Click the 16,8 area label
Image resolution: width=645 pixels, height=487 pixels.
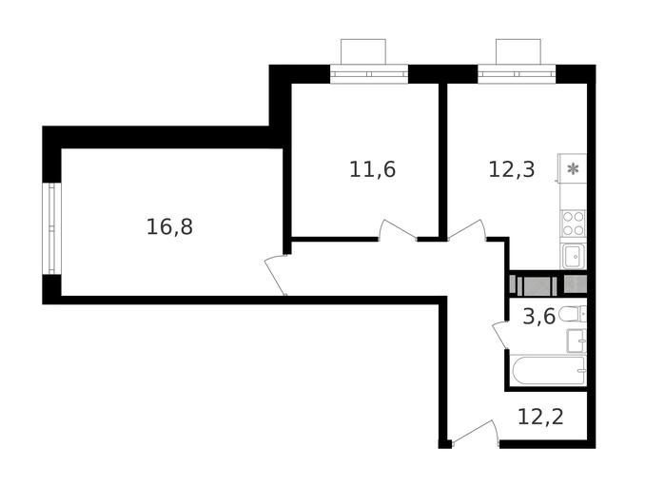coord(169,227)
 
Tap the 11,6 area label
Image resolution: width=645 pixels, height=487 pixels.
coord(372,169)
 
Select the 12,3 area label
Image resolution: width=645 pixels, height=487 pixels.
coord(512,169)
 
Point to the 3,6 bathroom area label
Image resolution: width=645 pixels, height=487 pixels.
coord(538,317)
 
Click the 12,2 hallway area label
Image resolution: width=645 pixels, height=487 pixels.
coord(540,417)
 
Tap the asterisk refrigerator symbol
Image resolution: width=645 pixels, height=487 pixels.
coord(572,168)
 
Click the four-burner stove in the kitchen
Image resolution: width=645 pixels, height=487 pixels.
coord(573,224)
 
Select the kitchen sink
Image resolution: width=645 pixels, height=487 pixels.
coord(573,256)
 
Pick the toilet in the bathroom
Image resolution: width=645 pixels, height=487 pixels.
coord(573,314)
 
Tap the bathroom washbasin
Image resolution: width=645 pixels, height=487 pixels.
coord(577,341)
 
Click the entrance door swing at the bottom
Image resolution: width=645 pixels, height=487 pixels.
coord(475,432)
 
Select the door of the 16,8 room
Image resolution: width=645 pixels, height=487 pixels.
coord(275,275)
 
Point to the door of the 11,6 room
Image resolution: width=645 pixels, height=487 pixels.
coord(397,229)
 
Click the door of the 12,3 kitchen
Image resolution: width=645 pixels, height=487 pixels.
coord(467,229)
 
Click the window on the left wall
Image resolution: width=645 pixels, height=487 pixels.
coord(51,228)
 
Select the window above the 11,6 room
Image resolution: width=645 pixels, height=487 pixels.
coord(369,74)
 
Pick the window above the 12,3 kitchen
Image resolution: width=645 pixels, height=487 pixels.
coord(517,74)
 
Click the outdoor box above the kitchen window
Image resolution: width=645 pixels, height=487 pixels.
coord(518,51)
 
